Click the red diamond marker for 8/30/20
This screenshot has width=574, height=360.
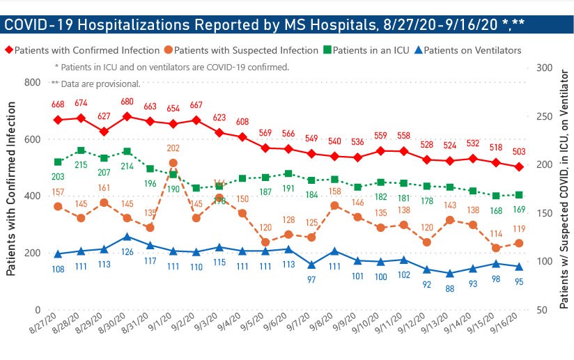[127, 116]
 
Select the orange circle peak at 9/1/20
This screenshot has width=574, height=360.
[173, 163]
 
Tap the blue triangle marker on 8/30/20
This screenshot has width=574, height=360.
[127, 237]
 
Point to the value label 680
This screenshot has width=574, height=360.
[127, 102]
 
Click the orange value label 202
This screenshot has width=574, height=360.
[173, 148]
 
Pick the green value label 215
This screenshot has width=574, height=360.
[82, 164]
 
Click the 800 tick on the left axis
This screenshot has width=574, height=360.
[32, 83]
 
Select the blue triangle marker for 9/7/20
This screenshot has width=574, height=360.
[310, 265]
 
